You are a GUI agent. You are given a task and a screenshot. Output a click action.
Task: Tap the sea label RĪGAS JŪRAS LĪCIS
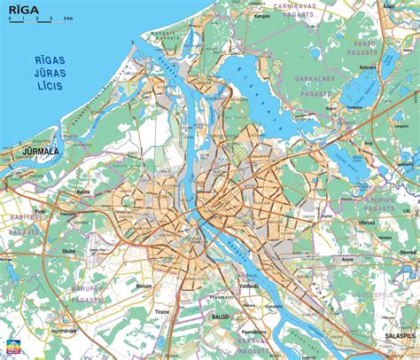56,69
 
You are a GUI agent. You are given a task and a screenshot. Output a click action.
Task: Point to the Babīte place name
84,192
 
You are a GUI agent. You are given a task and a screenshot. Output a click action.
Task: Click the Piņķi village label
41,211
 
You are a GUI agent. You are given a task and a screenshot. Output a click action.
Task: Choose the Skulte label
68,252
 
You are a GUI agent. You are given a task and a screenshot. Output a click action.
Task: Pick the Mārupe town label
144,286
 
